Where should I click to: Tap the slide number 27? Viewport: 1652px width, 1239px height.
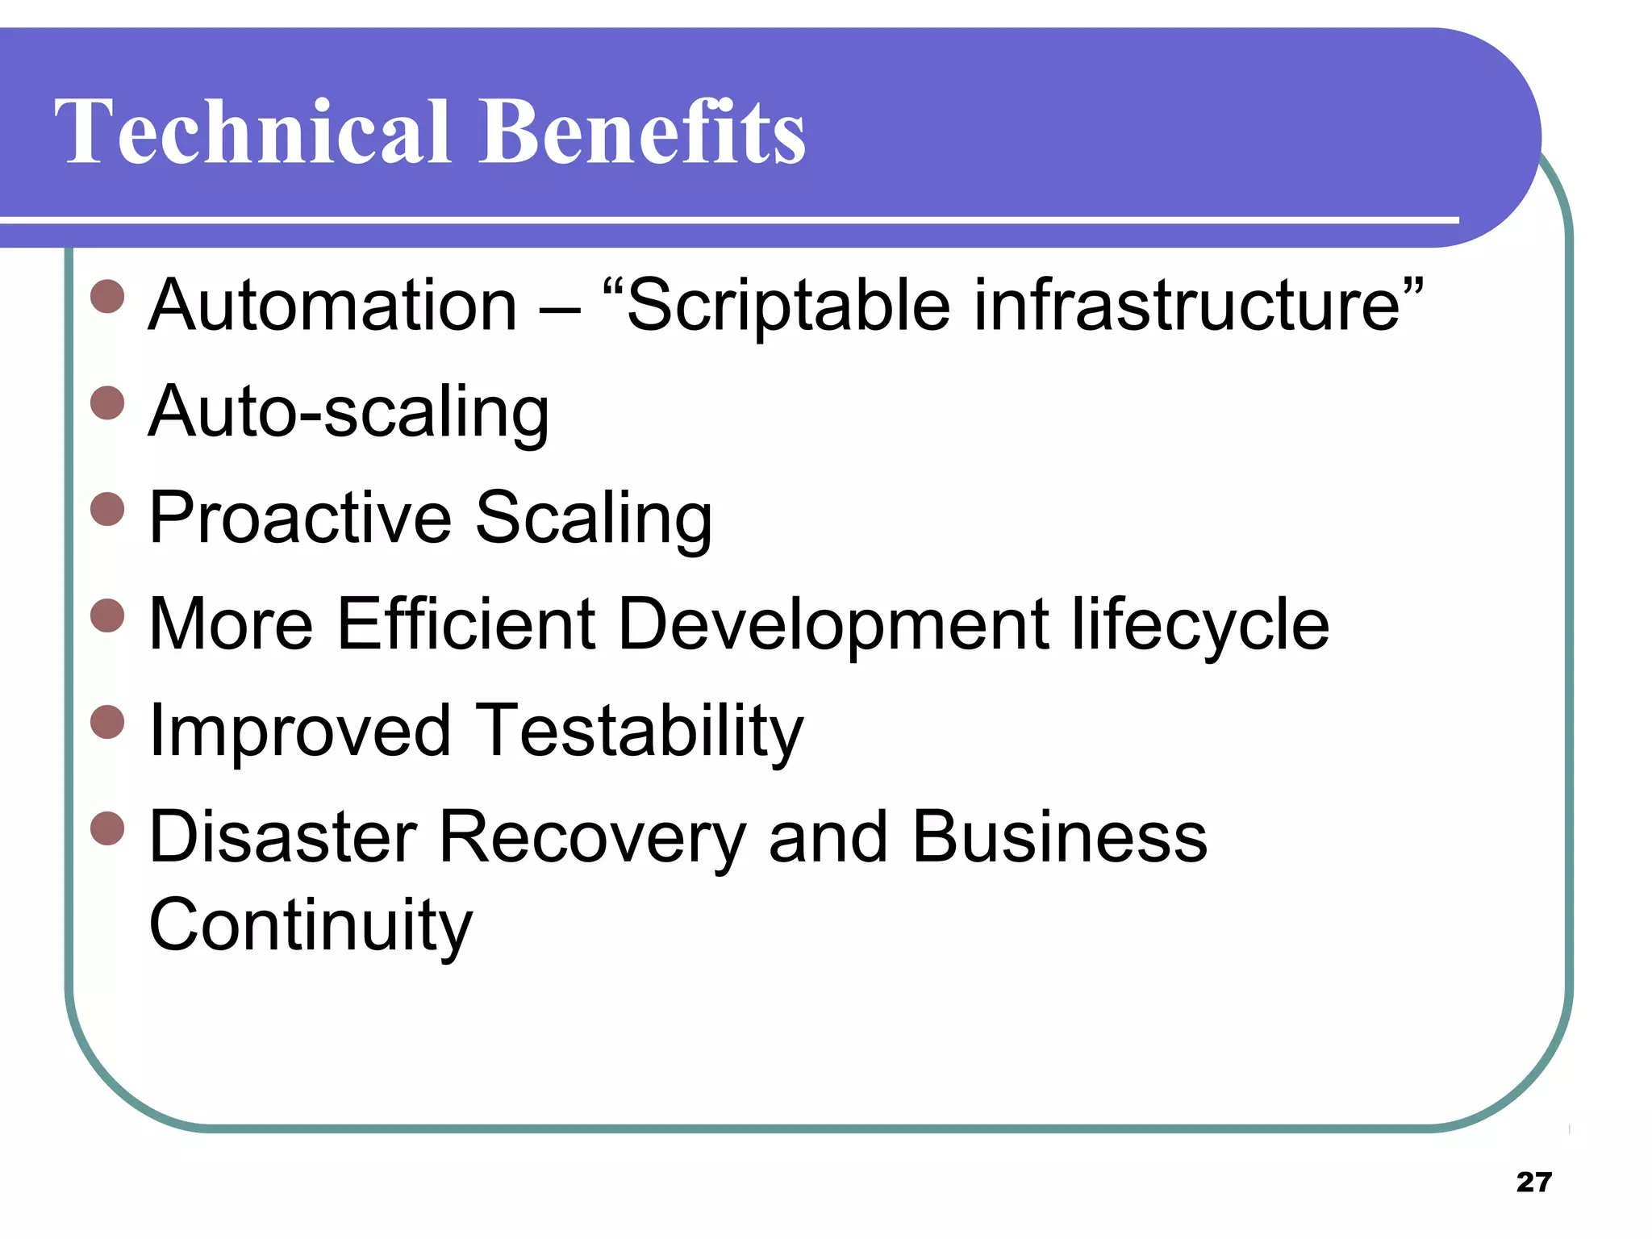1533,1182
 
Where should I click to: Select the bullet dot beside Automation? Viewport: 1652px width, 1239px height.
107,296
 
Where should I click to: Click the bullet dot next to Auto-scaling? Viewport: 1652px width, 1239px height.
107,403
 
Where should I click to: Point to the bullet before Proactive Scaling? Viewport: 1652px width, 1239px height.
107,509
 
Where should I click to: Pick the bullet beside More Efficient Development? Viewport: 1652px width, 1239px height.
107,615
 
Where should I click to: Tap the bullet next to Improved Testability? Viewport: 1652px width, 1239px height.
107,722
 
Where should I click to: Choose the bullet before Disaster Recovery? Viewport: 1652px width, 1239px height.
107,828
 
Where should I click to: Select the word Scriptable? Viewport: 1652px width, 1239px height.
788,307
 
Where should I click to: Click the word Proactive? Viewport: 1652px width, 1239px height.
300,518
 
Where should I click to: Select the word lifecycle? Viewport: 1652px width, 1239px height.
1199,625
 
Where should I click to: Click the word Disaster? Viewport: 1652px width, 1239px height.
283,836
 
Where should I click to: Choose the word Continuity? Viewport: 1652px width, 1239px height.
311,925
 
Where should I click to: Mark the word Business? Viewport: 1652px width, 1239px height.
1059,836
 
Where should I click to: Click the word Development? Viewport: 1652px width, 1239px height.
833,625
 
